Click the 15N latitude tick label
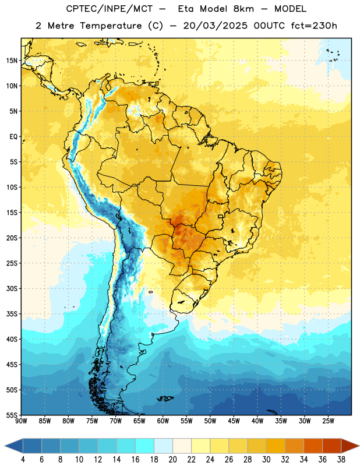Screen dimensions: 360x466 click(x=12, y=61)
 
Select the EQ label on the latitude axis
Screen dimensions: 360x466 click(x=13, y=137)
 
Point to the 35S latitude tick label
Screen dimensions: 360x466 click(x=12, y=314)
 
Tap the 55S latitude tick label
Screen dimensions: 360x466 click(x=12, y=415)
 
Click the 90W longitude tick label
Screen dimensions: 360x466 click(x=21, y=421)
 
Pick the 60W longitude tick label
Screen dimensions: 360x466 click(x=163, y=421)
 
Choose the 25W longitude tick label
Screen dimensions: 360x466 click(x=328, y=421)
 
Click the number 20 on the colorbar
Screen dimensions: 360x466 click(x=172, y=460)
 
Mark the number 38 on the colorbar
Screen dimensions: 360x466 click(x=341, y=460)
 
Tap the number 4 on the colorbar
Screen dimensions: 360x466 click(x=23, y=460)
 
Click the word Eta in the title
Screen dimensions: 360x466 click(x=185, y=9)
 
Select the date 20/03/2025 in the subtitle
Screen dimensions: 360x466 click(x=215, y=26)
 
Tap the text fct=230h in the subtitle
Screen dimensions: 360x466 click(x=314, y=26)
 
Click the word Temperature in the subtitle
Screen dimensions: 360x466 click(x=111, y=26)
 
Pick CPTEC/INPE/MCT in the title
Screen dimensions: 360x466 click(x=109, y=9)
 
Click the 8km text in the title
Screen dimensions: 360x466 click(x=243, y=9)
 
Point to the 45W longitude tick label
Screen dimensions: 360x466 click(x=234, y=421)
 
